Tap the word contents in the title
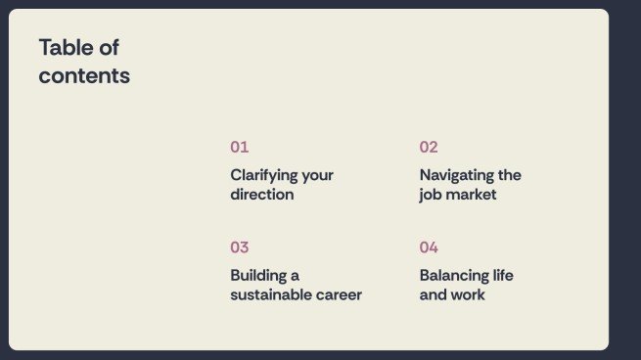84,75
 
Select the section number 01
240,147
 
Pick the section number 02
429,147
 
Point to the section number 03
240,247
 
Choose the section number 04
429,247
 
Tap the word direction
262,194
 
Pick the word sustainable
273,294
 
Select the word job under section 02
431,194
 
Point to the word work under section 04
469,294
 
